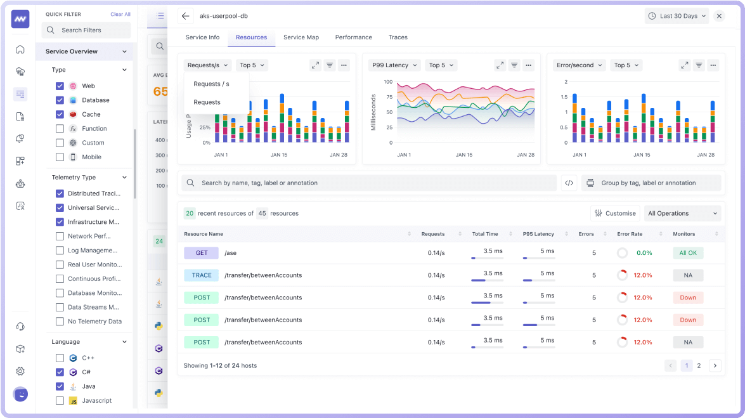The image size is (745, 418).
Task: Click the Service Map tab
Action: pyautogui.click(x=301, y=37)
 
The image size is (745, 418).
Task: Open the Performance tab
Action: pyautogui.click(x=353, y=37)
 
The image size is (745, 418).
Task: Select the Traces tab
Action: pyautogui.click(x=398, y=37)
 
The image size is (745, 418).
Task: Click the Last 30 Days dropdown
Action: pyautogui.click(x=677, y=16)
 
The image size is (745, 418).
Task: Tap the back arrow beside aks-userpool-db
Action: pyautogui.click(x=185, y=16)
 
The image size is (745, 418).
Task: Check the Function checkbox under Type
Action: pyautogui.click(x=60, y=129)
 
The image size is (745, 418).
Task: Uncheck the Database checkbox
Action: pyautogui.click(x=60, y=100)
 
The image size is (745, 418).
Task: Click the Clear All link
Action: pyautogui.click(x=120, y=14)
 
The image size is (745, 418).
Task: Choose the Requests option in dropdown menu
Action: pyautogui.click(x=207, y=102)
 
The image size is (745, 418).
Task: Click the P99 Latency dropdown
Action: pyautogui.click(x=394, y=65)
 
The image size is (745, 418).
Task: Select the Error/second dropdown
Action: pyautogui.click(x=580, y=65)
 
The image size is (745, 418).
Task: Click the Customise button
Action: pyautogui.click(x=614, y=213)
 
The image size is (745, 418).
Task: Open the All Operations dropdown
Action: pyautogui.click(x=682, y=213)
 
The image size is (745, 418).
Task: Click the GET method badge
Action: pyautogui.click(x=202, y=253)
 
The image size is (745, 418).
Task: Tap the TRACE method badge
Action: pyautogui.click(x=202, y=275)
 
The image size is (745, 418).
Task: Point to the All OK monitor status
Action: pyautogui.click(x=688, y=253)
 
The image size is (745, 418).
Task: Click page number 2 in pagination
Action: pyautogui.click(x=699, y=365)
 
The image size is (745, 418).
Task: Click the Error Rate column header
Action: pyautogui.click(x=630, y=234)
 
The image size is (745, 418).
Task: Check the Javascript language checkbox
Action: pyautogui.click(x=60, y=401)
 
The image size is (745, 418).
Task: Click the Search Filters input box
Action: pyautogui.click(x=87, y=30)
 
